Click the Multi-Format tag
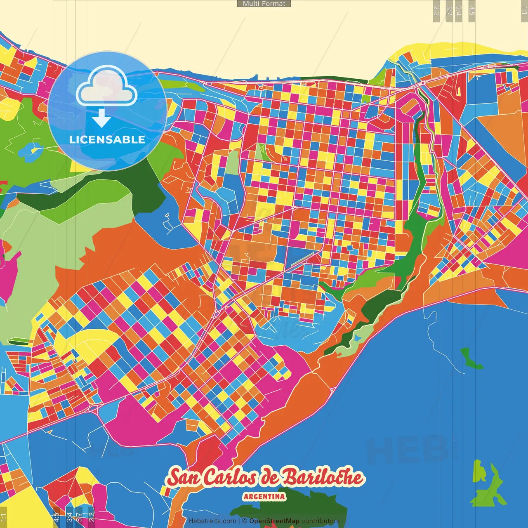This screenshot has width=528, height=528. pyautogui.click(x=264, y=4)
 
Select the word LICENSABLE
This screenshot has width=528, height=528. pyautogui.click(x=107, y=139)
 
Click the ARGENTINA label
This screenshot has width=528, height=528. pyautogui.click(x=264, y=496)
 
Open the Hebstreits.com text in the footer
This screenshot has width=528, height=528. pyautogui.click(x=212, y=521)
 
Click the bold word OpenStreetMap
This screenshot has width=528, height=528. pyautogui.click(x=274, y=521)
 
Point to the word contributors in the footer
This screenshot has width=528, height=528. pyautogui.click(x=321, y=521)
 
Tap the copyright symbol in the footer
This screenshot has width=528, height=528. pyautogui.click(x=244, y=521)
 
